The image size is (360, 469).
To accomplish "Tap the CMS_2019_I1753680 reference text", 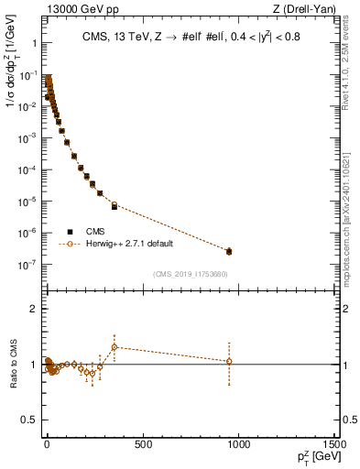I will tap(191, 273).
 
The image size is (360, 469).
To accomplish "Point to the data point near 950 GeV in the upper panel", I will tap(229, 250).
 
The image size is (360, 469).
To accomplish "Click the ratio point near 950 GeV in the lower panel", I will tap(229, 361).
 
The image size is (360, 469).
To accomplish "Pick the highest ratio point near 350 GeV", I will tap(115, 346).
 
